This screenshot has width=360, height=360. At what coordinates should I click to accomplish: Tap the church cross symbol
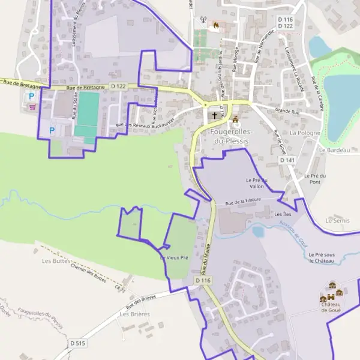pos(214,115)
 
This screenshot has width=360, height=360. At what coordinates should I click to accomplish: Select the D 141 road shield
pos(287,160)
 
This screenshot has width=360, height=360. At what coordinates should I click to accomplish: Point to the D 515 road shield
pos(78,343)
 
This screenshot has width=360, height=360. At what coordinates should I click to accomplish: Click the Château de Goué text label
pos(331,308)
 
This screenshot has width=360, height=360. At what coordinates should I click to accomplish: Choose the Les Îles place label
pos(283,214)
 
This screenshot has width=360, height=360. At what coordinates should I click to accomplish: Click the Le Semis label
pos(337,221)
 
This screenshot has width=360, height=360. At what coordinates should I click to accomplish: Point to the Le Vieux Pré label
pos(174,257)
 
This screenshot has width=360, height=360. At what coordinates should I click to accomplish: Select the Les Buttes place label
pos(56,261)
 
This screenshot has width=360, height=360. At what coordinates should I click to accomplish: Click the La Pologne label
pos(304,132)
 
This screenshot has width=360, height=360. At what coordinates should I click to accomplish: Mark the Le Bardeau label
pos(334,150)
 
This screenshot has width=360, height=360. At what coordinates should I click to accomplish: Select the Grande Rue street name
pos(287,110)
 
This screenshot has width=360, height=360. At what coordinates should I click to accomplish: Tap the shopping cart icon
pos(32,107)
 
